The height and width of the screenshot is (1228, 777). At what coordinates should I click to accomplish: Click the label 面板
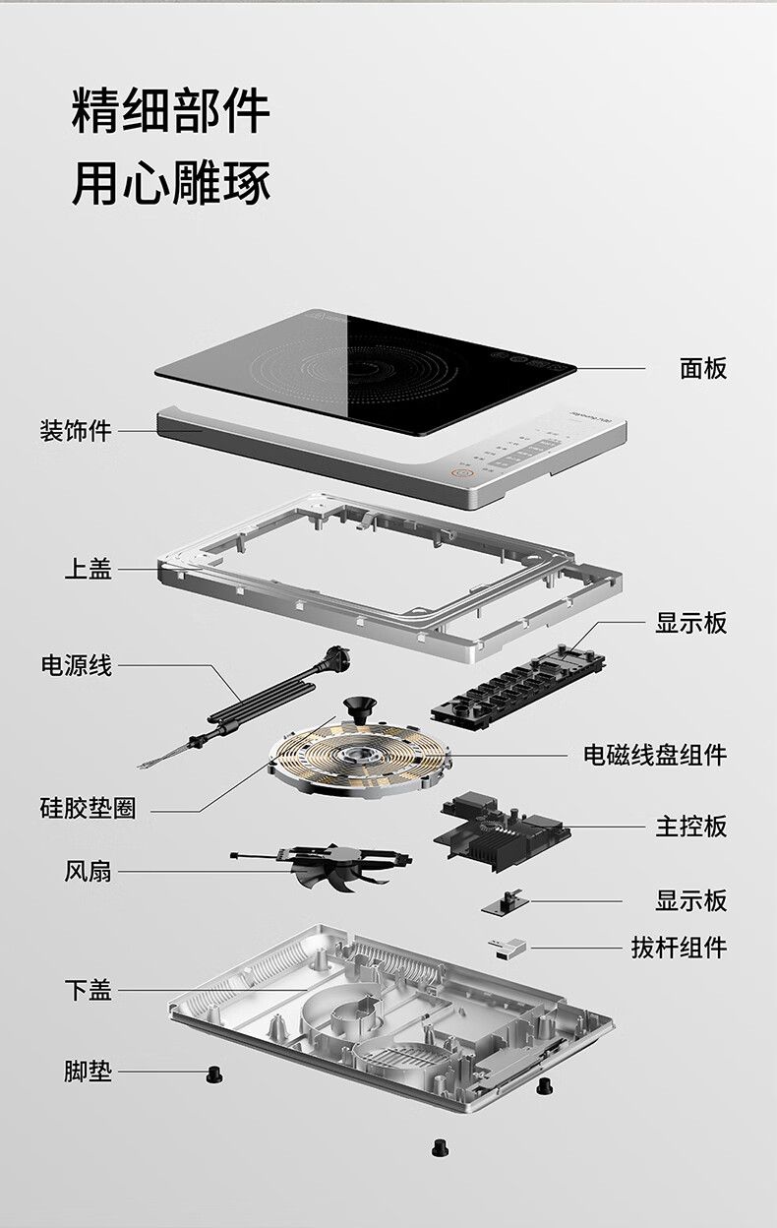703,368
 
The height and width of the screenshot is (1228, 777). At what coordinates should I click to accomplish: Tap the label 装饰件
76,430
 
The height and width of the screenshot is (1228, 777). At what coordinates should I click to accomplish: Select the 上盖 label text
89,569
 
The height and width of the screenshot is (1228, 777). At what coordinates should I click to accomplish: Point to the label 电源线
76,665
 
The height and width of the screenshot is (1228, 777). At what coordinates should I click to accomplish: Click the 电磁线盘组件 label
655,755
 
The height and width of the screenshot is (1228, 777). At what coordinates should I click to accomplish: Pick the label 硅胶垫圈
88,808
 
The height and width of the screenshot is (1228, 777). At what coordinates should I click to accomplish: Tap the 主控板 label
691,827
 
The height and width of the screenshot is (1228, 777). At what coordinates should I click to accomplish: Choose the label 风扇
88,871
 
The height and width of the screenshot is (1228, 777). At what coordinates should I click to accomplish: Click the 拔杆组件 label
679,947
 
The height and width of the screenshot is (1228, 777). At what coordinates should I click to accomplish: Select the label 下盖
89,990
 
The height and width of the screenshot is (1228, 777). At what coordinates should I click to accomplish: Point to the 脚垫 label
88,1071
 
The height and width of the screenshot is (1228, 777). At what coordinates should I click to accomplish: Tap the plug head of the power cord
336,658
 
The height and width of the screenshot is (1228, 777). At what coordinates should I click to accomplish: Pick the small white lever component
507,948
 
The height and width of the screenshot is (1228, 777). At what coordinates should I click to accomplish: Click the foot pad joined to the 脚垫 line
214,1075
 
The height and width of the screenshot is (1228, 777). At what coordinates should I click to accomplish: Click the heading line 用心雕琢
171,183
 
